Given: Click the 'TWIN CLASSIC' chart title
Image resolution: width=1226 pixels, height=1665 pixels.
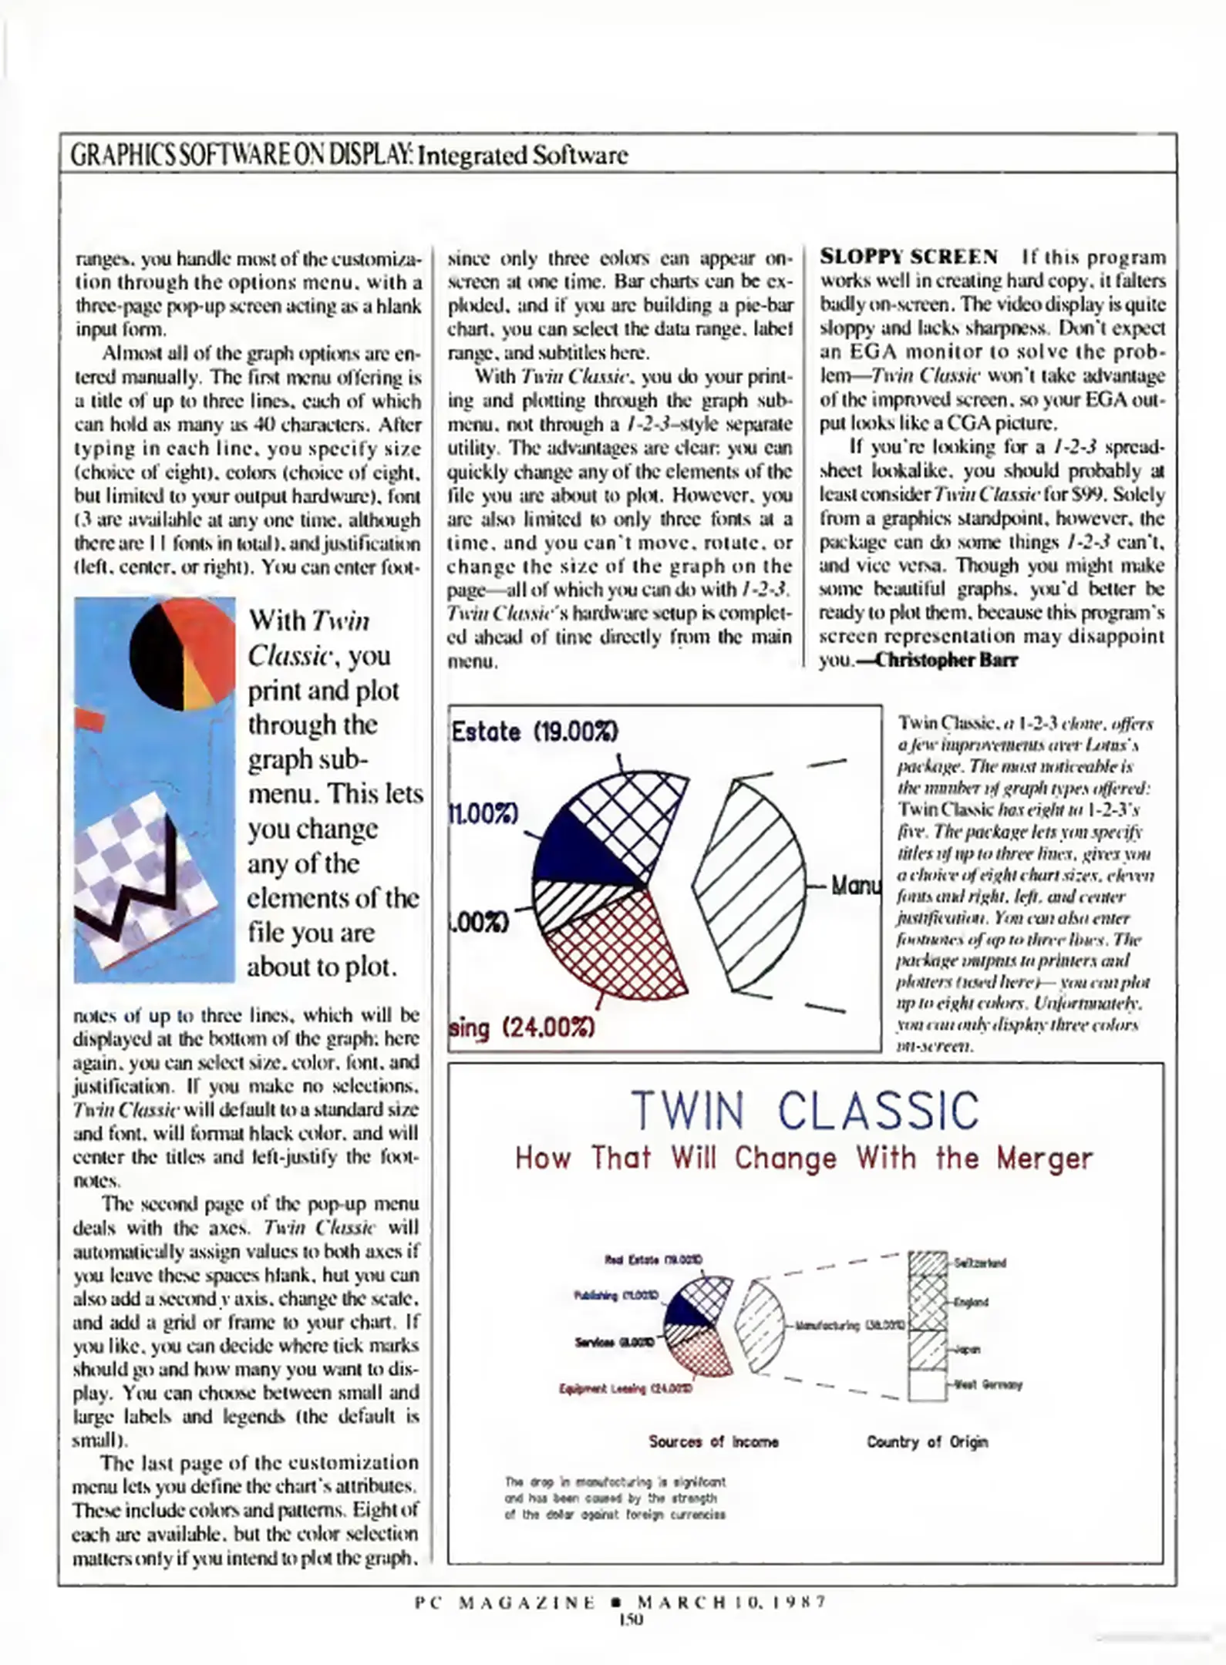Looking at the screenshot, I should pos(804,1111).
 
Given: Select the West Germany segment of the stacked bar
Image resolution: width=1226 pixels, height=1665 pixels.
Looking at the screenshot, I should pos(927,1384).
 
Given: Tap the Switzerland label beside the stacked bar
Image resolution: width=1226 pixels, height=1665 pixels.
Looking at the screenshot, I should pos(979,1263).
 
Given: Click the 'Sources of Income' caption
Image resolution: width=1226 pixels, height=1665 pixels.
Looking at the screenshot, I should pos(713,1441).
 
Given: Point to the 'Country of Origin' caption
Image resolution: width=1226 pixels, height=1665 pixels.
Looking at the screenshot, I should pos(927,1441).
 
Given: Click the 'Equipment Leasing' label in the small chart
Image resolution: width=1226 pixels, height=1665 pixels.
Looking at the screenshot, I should pos(625,1388).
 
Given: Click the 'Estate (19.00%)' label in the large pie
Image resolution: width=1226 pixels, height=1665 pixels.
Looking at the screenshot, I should pos(534,731).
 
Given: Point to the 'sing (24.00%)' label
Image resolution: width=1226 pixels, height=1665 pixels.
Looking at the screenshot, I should pos(522,1028).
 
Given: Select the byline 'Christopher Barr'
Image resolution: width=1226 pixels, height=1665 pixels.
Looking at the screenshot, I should pos(947,660).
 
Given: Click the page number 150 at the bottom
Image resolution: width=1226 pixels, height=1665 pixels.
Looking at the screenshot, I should pos(630,1620).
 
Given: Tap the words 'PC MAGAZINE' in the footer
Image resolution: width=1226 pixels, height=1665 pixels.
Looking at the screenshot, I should pos(505,1602).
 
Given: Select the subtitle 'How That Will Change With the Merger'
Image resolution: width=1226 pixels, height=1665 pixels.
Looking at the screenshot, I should pos(804,1158).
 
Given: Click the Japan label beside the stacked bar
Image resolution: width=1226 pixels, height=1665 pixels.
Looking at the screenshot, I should pos(968,1350).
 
